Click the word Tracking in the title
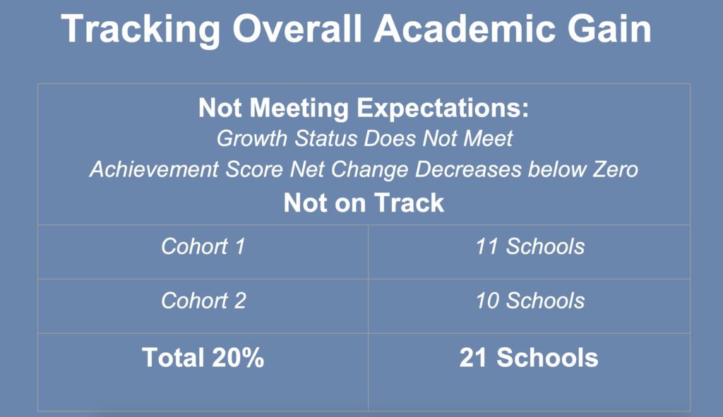click(141, 30)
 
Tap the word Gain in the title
click(609, 28)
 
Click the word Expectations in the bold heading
click(443, 108)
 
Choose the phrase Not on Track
click(364, 203)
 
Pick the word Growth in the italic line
click(252, 138)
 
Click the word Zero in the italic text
click(615, 169)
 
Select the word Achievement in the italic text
click(153, 169)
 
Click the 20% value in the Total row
click(239, 358)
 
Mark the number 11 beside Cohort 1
click(487, 246)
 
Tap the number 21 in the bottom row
click(473, 358)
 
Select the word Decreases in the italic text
click(468, 169)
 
